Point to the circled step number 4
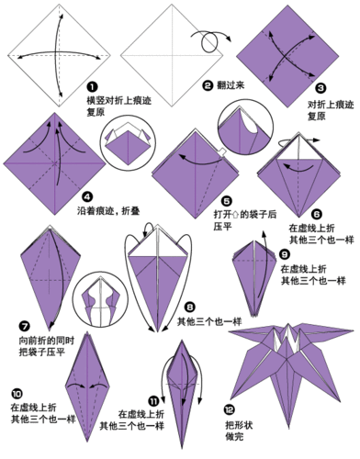tap(85, 196)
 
